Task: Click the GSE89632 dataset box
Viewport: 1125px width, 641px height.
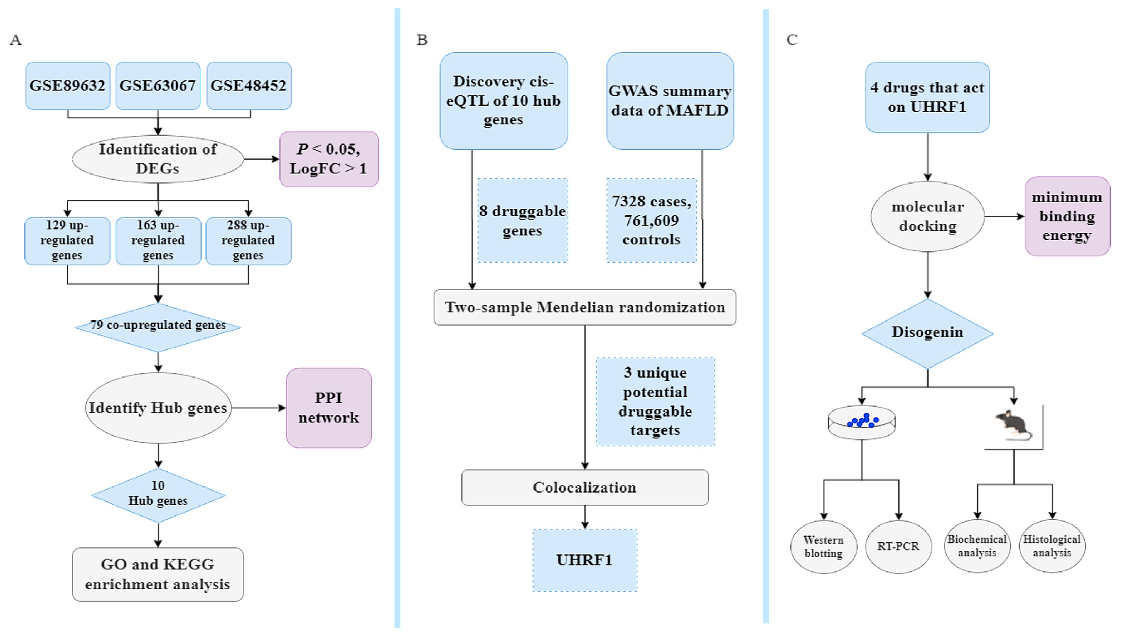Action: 67,85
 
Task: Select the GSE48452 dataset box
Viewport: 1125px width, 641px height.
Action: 249,85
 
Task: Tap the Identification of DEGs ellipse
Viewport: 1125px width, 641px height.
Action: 158,159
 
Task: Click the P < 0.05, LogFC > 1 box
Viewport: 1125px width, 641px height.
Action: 329,159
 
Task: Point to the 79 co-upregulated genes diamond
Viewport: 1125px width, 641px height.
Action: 158,327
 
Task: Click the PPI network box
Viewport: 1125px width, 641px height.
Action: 329,408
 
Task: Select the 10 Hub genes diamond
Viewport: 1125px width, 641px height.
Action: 158,495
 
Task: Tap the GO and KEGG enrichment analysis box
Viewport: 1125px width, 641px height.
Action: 158,574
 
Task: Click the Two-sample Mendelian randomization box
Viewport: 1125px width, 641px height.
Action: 585,307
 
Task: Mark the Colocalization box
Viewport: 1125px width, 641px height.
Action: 585,487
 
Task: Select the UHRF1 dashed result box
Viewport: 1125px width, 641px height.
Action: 585,560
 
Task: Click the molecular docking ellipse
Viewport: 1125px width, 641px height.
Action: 927,216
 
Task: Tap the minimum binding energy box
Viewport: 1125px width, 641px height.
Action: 1067,216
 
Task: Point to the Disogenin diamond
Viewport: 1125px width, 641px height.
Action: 927,333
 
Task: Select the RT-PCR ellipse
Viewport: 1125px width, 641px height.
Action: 898,546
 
